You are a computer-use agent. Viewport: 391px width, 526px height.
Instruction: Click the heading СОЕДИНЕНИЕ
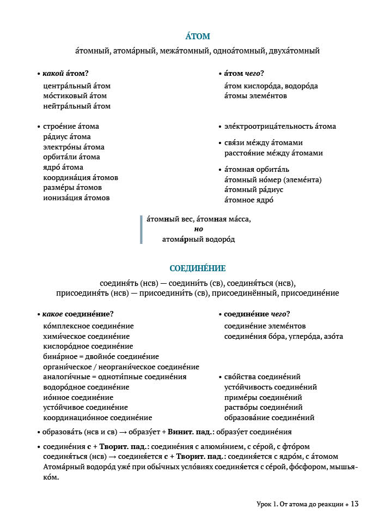[x=197, y=268]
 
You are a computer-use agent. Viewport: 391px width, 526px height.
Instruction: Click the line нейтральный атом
[x=76, y=106]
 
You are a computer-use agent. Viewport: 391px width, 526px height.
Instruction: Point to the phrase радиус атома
[x=67, y=137]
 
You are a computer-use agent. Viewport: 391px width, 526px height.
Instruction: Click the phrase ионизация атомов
[x=76, y=198]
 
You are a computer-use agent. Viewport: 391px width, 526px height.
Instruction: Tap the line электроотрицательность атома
[x=280, y=127]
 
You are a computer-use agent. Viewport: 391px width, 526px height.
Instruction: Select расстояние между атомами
[x=273, y=153]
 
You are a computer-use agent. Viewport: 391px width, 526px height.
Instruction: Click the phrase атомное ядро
[x=249, y=200]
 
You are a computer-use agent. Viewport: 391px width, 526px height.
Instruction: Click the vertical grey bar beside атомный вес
[x=141, y=229]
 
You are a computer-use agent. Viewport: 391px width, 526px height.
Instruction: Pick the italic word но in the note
[x=198, y=229]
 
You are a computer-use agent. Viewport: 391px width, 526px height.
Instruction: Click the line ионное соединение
[x=78, y=398]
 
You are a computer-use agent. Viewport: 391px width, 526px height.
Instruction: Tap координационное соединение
[x=97, y=418]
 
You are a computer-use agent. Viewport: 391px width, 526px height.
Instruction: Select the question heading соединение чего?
[x=256, y=314]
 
